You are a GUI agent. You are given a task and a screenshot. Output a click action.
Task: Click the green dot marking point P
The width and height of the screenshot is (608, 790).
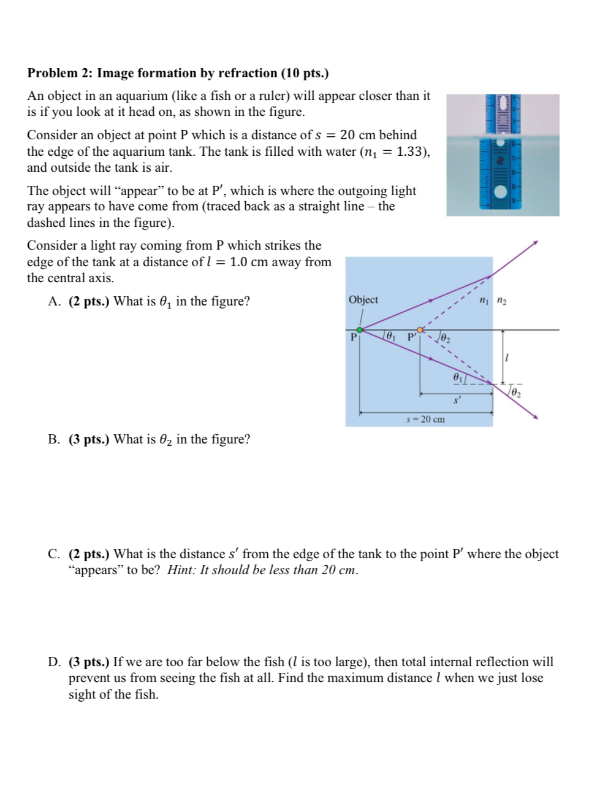point(360,330)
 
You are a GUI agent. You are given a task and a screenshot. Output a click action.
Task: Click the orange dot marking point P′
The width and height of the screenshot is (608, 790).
point(420,330)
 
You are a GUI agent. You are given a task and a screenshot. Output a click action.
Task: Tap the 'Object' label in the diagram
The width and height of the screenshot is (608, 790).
point(363,300)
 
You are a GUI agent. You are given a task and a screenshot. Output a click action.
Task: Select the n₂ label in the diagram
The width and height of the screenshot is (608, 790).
point(501,300)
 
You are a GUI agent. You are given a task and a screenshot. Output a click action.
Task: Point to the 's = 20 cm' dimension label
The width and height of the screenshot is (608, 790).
point(425,420)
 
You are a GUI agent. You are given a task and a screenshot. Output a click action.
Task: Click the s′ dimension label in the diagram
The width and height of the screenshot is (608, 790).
point(457,401)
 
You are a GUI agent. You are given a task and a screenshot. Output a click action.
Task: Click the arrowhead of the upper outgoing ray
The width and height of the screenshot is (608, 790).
point(536,243)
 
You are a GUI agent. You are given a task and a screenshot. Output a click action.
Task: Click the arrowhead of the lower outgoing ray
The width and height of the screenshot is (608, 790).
point(536,417)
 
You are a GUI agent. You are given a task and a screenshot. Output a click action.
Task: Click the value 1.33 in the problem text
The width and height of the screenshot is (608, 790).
point(411,151)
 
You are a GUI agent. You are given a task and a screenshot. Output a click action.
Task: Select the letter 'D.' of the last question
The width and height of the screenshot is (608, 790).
point(55,662)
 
